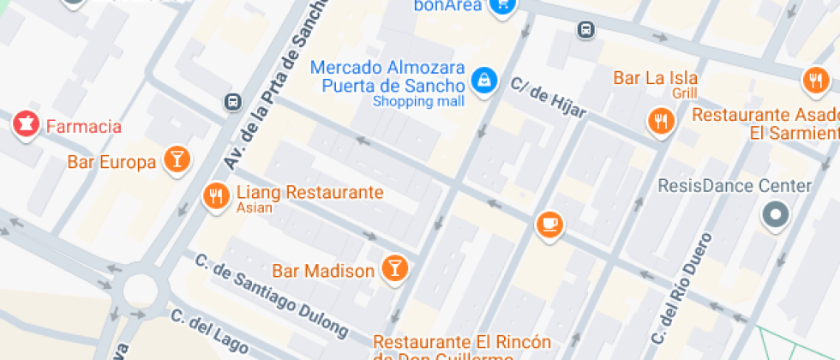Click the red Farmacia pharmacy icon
point(26,125)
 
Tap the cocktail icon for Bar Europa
point(176,160)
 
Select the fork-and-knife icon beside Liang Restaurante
point(215,196)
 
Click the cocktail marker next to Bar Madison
point(394,268)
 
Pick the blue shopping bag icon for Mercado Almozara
point(485,81)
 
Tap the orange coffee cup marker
point(549,225)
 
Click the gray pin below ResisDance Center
point(776,214)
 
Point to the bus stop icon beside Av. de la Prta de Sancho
point(232,102)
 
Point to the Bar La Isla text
point(655,78)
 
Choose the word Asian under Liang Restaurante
point(255,208)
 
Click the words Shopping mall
point(418,102)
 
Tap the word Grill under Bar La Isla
point(685,93)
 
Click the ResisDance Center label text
point(734,186)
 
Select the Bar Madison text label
point(323,272)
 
